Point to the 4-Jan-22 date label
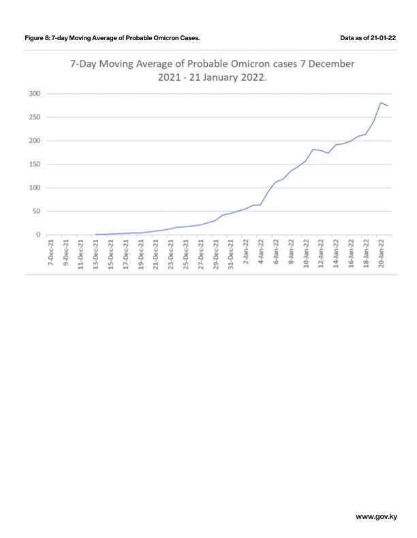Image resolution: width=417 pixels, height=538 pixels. [x=261, y=252]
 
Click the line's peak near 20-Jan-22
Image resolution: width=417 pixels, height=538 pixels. [x=380, y=103]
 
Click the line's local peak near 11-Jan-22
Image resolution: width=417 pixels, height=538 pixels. [x=313, y=149]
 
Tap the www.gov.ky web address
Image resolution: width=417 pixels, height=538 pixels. [x=376, y=517]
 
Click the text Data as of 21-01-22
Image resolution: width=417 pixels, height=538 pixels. [x=368, y=38]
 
